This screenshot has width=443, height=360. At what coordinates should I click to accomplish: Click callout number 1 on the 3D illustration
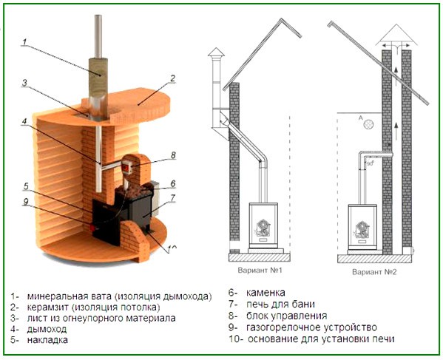tap(25, 43)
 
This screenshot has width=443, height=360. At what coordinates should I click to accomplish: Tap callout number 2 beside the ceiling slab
tap(172, 78)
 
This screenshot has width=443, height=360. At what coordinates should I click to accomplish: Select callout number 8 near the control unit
tap(173, 155)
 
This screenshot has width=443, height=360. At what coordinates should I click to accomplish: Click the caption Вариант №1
tap(251, 271)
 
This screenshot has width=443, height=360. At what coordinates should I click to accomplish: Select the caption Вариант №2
tap(367, 271)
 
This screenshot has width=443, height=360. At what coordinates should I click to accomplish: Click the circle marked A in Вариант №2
tap(364, 126)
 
